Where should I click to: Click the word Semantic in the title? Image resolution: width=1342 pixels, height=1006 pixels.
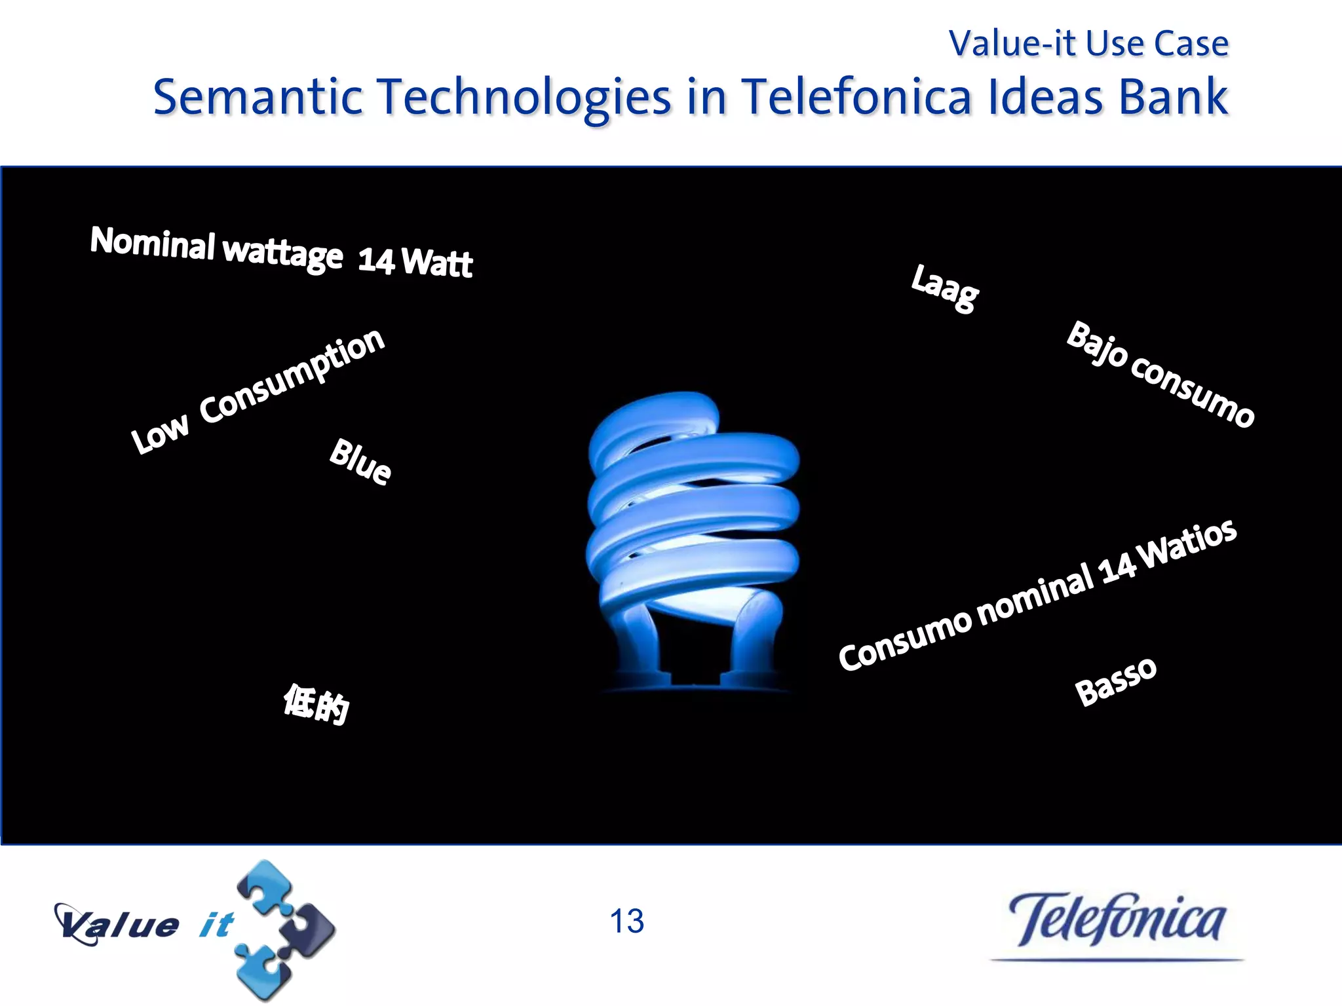pos(258,97)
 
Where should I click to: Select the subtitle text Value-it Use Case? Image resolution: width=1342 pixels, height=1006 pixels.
pos(1088,44)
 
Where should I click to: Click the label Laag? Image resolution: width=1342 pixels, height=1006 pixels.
pos(945,288)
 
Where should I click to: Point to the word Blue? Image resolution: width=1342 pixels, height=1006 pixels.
pos(360,462)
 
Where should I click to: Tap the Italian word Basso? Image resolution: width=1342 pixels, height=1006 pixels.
pos(1116,681)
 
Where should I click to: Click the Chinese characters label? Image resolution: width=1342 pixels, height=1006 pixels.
pos(316,703)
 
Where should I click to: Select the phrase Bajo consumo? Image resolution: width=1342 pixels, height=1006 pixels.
pos(1160,374)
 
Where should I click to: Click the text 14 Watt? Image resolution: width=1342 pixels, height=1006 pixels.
pos(415,261)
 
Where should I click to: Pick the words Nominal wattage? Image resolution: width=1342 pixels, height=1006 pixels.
pos(216,248)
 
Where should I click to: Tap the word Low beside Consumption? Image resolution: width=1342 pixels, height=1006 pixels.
pos(160,433)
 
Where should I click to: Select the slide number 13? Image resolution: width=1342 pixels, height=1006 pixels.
pos(626,922)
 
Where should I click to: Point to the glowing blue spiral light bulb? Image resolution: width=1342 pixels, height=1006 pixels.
pos(692,537)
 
